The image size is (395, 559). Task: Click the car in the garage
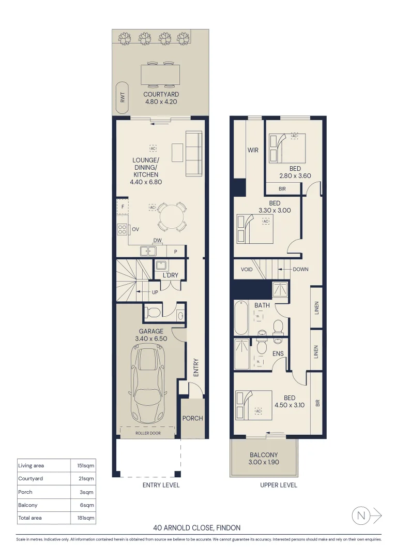[x=147, y=384]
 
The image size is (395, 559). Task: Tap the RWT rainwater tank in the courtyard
[x=123, y=98]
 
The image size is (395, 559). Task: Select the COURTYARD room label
[x=161, y=95]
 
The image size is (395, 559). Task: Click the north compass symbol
[x=367, y=515]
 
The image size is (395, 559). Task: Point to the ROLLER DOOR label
[x=148, y=433]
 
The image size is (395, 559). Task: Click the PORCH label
[x=193, y=418]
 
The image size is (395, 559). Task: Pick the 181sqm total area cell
[x=86, y=518]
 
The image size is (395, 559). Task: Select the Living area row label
[x=31, y=466]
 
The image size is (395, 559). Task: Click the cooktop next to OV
[x=123, y=229]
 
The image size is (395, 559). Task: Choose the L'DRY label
[x=170, y=275]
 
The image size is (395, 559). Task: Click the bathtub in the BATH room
[x=241, y=317]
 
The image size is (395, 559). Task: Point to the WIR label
[x=253, y=150]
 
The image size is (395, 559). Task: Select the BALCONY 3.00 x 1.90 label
[x=264, y=459]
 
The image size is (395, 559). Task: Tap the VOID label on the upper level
[x=247, y=270]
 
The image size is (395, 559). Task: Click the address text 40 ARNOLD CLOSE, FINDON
[x=196, y=527]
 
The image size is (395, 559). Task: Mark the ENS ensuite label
[x=278, y=354]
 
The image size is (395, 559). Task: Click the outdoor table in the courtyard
[x=160, y=75]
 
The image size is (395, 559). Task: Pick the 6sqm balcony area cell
[x=87, y=505]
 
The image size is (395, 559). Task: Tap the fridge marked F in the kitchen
[x=123, y=207]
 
